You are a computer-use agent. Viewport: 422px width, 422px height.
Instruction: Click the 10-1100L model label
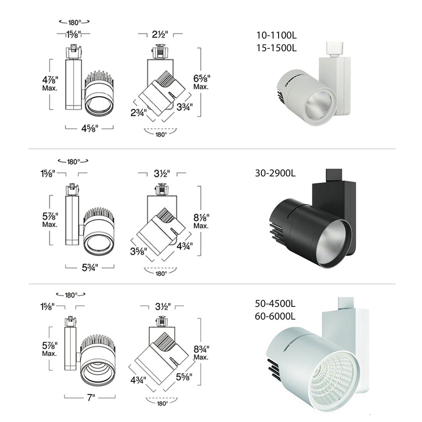pos(276,35)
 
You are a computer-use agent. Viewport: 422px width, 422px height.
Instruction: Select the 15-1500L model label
pos(276,48)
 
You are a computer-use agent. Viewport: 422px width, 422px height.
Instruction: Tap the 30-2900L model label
pos(275,173)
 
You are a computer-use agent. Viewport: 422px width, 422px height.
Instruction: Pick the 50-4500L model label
pos(275,303)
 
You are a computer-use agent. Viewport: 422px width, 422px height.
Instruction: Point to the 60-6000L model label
pos(275,316)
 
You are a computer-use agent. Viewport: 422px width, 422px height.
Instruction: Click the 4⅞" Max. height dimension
pos(50,83)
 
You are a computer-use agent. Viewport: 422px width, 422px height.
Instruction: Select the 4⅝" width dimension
pos(90,129)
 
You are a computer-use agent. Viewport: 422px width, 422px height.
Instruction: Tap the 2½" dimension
pos(160,35)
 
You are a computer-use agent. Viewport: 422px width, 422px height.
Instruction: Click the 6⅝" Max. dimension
pos(201,82)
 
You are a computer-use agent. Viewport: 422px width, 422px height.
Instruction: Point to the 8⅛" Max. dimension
pos(201,221)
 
